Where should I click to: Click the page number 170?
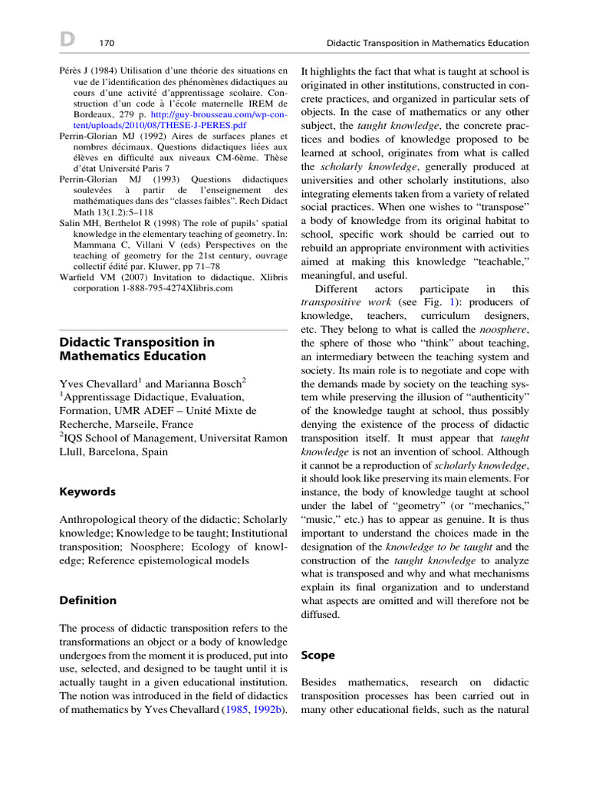coord(107,43)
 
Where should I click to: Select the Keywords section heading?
coord(87,491)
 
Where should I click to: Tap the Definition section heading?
coord(88,600)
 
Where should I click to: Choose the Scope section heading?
coord(318,655)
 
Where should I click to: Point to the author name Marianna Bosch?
coord(211,383)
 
